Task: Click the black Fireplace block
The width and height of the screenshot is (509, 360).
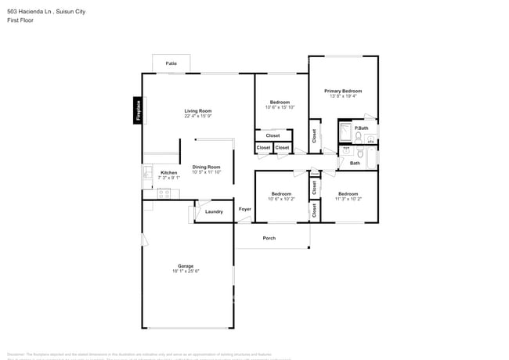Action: tap(138, 110)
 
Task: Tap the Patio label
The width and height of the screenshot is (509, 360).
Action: tap(171, 63)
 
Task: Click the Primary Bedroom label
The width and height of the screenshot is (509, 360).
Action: tap(343, 91)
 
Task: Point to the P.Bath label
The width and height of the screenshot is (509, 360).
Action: tap(361, 128)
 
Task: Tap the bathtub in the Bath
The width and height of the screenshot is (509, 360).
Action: tap(372, 158)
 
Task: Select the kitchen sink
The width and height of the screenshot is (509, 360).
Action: tap(146, 174)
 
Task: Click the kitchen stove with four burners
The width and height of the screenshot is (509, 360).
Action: tap(164, 193)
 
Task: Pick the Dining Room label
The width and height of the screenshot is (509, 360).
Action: tap(207, 167)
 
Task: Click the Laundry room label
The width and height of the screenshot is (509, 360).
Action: tap(214, 211)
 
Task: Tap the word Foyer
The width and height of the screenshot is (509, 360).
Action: tap(245, 210)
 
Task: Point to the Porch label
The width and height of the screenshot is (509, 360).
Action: tap(269, 238)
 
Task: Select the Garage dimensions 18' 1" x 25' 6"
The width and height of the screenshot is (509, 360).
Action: tap(186, 272)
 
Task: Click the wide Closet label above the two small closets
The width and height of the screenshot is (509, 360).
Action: tap(273, 135)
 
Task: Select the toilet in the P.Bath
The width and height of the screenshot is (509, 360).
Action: tap(356, 139)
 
